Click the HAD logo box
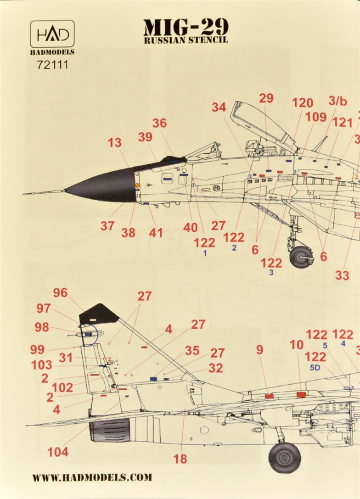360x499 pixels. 52,34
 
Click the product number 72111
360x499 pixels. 52,65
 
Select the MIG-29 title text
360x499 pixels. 186,28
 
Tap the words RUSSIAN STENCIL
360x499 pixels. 186,40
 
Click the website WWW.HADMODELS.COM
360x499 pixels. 92,477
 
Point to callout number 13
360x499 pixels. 115,143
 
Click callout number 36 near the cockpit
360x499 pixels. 159,123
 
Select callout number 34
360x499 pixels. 219,107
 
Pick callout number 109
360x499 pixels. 316,117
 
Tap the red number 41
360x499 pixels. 156,233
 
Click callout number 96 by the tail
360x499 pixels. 60,293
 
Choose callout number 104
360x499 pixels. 58,452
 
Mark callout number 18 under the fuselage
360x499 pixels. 180,459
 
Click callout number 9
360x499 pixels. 260,350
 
